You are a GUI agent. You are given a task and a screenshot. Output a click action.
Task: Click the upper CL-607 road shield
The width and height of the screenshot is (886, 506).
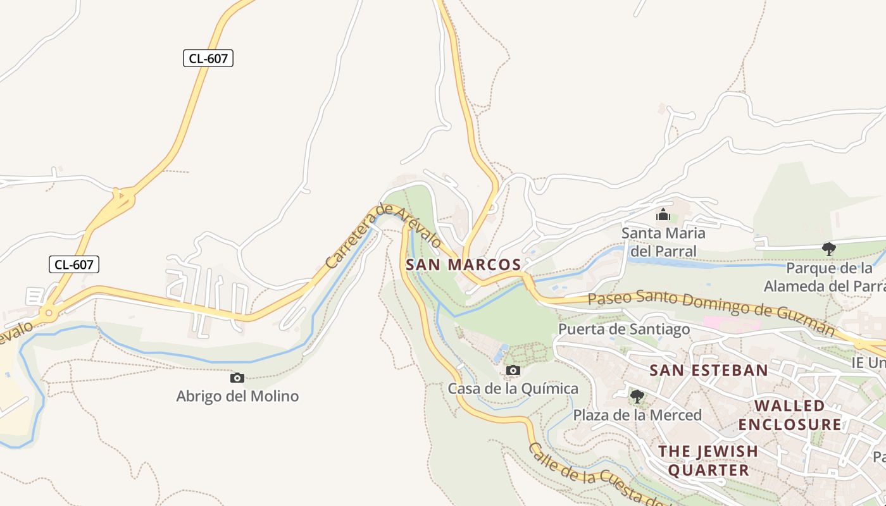coord(208,59)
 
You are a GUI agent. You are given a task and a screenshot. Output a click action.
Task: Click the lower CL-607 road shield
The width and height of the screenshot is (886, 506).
coord(74,264)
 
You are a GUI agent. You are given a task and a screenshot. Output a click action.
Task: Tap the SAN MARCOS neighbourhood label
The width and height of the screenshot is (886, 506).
coord(463,265)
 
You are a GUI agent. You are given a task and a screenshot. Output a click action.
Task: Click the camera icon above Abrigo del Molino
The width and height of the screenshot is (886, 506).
coord(237,378)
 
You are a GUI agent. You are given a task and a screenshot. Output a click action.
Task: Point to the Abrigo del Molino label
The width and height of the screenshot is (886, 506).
coord(237,397)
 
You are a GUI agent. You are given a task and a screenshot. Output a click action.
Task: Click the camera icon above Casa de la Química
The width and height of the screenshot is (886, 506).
coord(513,370)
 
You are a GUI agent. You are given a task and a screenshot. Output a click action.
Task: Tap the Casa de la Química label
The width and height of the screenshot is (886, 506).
coord(513,388)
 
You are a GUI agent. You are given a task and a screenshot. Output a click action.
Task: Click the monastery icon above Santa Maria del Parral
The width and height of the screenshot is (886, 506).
coord(663,215)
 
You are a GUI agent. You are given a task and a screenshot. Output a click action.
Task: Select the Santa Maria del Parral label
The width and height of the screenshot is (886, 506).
coord(663,242)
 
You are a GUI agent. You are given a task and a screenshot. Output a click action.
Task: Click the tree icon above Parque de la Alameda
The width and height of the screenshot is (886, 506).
coord(828,249)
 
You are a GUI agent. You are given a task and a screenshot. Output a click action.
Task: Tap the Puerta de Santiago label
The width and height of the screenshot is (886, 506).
coord(623,329)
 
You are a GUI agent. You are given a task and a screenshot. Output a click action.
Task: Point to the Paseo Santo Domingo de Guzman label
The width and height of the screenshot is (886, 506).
coord(711,309)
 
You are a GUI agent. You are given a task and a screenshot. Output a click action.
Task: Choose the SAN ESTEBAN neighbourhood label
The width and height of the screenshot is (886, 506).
coord(709,370)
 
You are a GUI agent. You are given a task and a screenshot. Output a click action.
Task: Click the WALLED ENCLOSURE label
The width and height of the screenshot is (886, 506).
coord(790,414)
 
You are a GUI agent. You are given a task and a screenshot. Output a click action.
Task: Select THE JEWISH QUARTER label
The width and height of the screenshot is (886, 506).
coord(708,460)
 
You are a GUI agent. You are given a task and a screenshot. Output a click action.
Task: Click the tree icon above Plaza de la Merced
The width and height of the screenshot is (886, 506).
coord(637,397)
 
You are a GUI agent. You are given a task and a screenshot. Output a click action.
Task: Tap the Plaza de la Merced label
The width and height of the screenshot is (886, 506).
coord(637,415)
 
